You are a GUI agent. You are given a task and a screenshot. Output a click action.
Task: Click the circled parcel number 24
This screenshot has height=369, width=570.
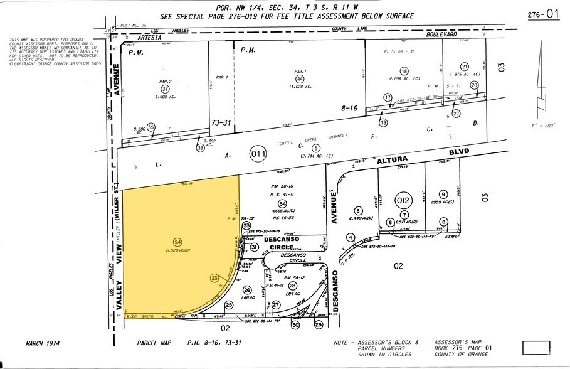pos(177,242)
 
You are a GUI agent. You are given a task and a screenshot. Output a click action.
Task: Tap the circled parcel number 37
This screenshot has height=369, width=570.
pos(166,89)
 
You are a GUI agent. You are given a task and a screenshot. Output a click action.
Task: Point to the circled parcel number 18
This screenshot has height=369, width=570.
pos(395,72)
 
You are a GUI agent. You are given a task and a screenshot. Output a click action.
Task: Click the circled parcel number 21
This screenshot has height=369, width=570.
pos(465,67)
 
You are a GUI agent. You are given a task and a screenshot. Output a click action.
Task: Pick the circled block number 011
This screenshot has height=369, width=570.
pos(258,152)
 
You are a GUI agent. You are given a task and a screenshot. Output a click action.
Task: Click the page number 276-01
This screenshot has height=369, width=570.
pos(543,14)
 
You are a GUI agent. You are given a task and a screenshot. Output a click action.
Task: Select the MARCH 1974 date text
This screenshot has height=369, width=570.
pos(46,343)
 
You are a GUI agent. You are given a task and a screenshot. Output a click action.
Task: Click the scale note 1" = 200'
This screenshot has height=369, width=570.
pos(543,126)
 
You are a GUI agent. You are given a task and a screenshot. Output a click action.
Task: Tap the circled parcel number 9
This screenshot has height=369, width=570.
pos(443,194)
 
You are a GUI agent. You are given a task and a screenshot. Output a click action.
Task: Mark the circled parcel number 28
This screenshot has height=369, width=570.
pos(292,285)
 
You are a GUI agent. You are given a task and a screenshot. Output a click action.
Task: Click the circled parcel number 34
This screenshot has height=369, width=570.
pos(283,204)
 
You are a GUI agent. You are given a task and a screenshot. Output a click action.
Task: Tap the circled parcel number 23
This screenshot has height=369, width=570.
pos(214,277)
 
